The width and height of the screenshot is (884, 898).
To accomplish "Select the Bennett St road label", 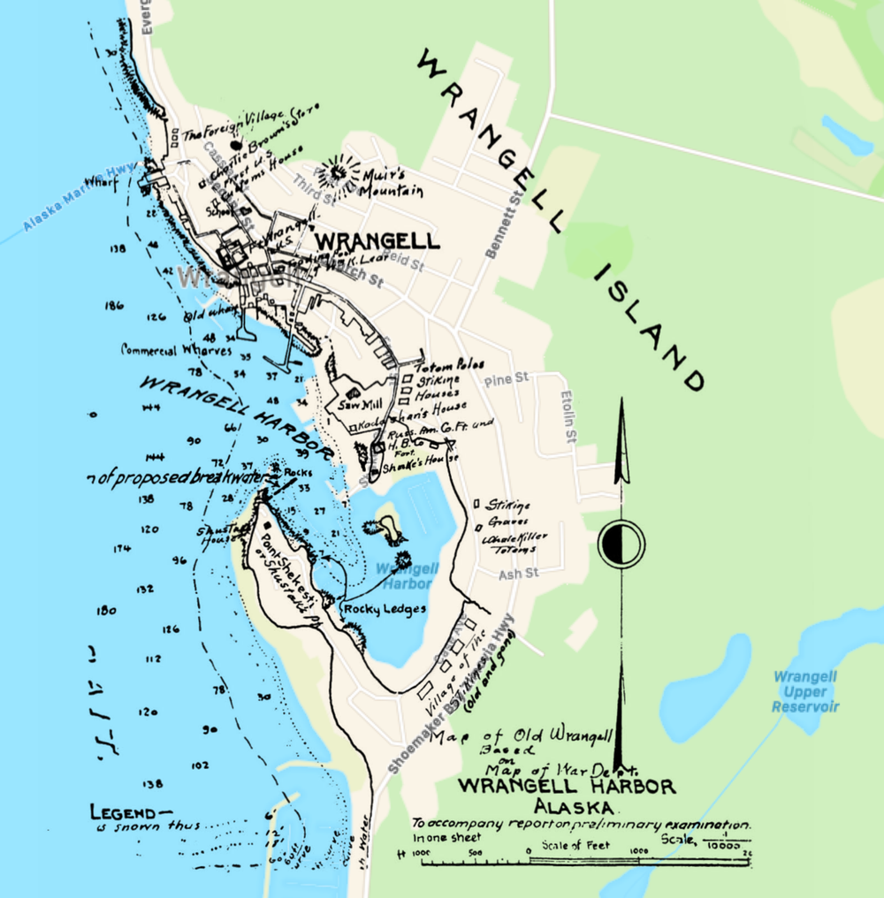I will [500, 224].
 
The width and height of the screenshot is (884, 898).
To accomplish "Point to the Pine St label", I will [507, 378].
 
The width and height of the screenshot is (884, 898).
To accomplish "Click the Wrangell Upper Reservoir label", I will [804, 691].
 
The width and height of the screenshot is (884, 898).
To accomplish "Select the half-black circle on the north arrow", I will [621, 543].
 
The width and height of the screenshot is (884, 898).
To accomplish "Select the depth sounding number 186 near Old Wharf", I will [113, 306].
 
